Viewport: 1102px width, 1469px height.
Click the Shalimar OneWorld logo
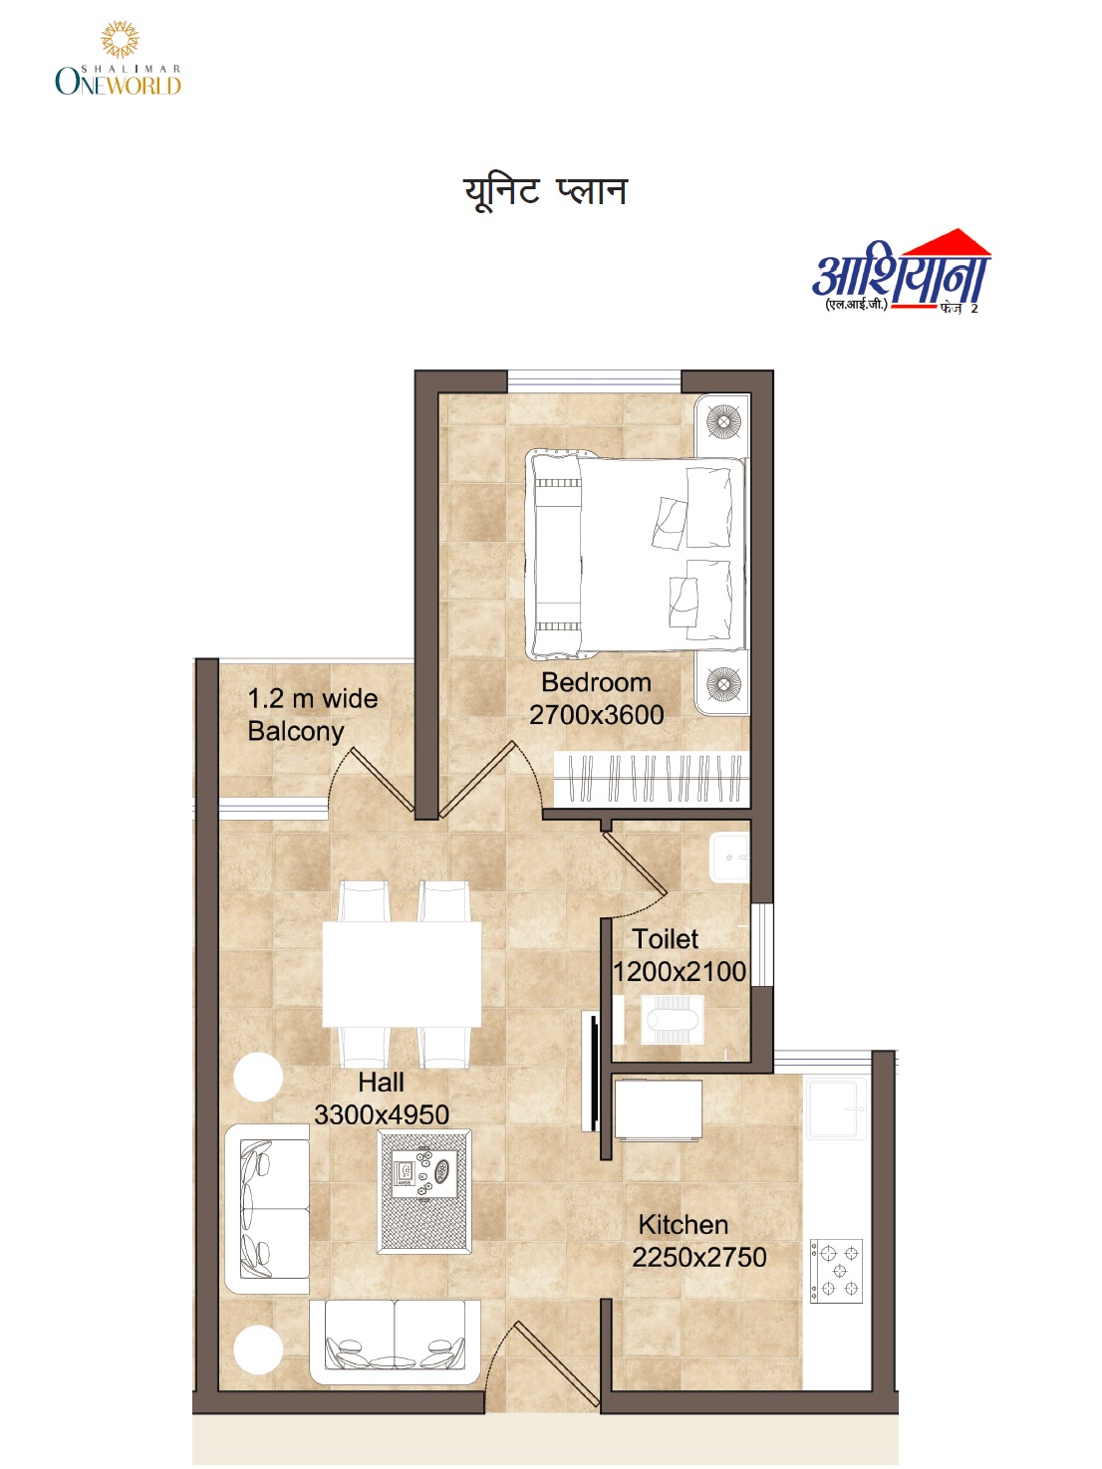tap(118, 61)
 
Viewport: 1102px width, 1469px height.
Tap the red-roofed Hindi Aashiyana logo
tap(901, 273)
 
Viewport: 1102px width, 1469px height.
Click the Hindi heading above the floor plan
tap(545, 191)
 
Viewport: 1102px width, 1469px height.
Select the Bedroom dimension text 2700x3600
tap(596, 715)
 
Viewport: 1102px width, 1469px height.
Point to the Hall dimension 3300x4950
tap(382, 1114)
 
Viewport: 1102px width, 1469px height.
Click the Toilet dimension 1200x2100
tap(680, 972)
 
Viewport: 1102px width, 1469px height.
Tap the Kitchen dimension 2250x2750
tap(699, 1257)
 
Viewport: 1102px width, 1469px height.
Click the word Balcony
tap(296, 731)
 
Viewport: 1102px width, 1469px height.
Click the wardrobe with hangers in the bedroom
tap(650, 778)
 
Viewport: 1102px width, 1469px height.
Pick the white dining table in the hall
tap(402, 974)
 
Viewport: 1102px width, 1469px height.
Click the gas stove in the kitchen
tap(836, 1271)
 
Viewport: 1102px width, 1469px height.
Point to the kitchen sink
tap(835, 1108)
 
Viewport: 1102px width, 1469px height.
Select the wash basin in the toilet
tap(729, 857)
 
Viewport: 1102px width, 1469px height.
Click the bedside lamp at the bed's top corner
tap(723, 422)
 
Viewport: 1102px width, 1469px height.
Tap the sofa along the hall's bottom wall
tap(395, 1341)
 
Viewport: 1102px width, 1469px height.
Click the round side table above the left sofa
tap(258, 1077)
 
